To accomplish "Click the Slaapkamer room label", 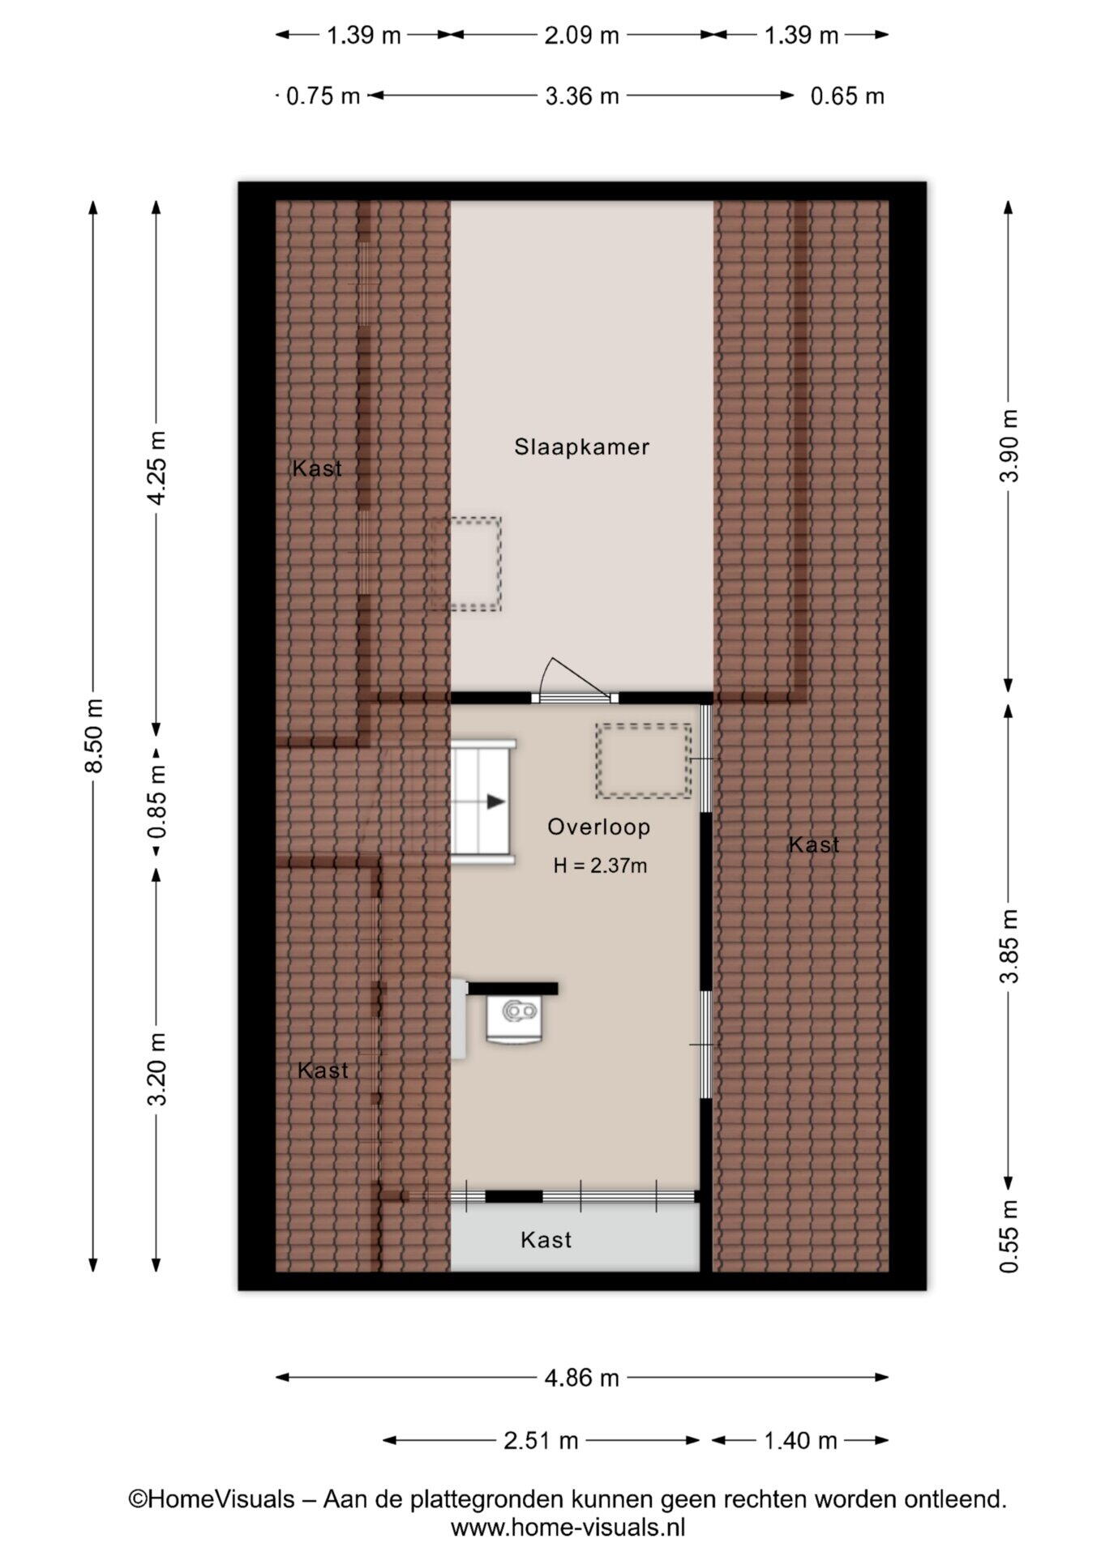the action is pyautogui.click(x=581, y=447).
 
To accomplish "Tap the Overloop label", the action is pyautogui.click(x=598, y=827).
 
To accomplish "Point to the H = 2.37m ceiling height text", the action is pyautogui.click(x=600, y=866).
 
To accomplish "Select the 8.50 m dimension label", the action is pyautogui.click(x=94, y=735).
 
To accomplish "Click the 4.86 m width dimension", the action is pyautogui.click(x=581, y=1378).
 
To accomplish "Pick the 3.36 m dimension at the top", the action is pyautogui.click(x=581, y=96).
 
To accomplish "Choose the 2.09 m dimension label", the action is pyautogui.click(x=581, y=36).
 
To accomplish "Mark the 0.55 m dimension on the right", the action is pyautogui.click(x=1008, y=1236).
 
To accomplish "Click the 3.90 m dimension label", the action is pyautogui.click(x=1008, y=445).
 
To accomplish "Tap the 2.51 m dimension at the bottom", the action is pyautogui.click(x=541, y=1440).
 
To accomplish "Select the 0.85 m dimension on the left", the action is pyautogui.click(x=156, y=802).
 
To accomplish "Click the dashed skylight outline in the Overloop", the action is pyautogui.click(x=643, y=761).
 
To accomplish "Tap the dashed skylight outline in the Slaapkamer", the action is pyautogui.click(x=465, y=563).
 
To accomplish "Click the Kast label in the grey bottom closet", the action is pyautogui.click(x=546, y=1240).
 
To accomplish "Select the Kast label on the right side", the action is pyautogui.click(x=814, y=844).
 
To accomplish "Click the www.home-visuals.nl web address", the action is pyautogui.click(x=568, y=1528).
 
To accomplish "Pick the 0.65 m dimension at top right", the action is pyautogui.click(x=847, y=96).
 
